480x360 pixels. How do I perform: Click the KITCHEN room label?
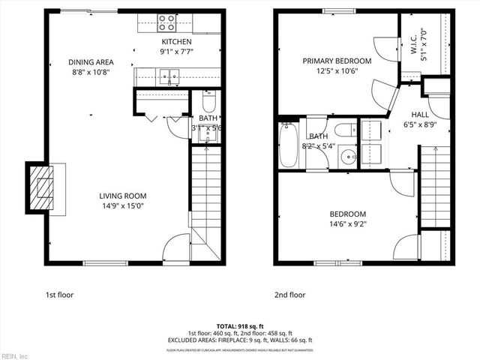coord(176,41)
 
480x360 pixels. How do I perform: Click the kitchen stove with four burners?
coord(165,22)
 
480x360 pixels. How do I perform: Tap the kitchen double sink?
coord(169,75)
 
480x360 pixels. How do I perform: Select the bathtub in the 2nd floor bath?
coord(289,145)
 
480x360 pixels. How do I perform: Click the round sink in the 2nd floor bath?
coord(347,157)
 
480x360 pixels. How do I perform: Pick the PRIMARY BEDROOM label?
coord(337,61)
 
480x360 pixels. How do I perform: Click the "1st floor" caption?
coord(60,295)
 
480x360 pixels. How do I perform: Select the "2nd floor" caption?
coord(289,295)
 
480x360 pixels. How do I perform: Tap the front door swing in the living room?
coord(178,248)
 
